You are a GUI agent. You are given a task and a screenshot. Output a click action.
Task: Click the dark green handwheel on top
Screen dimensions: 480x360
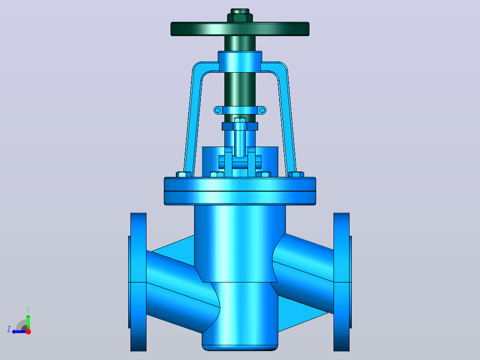tap(240, 29)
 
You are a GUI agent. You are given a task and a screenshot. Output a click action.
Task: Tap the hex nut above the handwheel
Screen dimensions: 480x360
tap(240, 17)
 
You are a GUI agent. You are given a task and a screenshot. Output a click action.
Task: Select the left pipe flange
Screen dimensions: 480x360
tap(138, 282)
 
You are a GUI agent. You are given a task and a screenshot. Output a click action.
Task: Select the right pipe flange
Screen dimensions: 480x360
tap(342, 282)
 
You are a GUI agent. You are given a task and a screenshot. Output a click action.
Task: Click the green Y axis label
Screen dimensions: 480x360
tap(28, 310)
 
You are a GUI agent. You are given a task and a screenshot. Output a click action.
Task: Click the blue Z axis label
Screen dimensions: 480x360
tap(9, 329)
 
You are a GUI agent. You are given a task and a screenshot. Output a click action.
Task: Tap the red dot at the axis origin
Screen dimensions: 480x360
tap(28, 331)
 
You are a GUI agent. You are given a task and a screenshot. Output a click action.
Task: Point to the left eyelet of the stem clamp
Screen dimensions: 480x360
tap(218, 110)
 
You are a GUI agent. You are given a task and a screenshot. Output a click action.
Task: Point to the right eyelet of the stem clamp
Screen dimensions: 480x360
tap(262, 110)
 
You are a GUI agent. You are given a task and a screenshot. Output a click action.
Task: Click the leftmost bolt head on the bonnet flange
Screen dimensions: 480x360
tap(183, 174)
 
